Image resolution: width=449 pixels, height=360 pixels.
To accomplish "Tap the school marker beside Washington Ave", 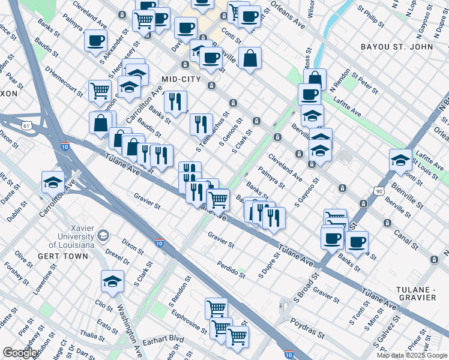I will (x=112, y=281).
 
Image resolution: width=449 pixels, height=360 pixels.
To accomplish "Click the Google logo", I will (x=20, y=353).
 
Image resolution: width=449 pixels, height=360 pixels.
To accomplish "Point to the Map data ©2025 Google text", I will (x=412, y=355).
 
